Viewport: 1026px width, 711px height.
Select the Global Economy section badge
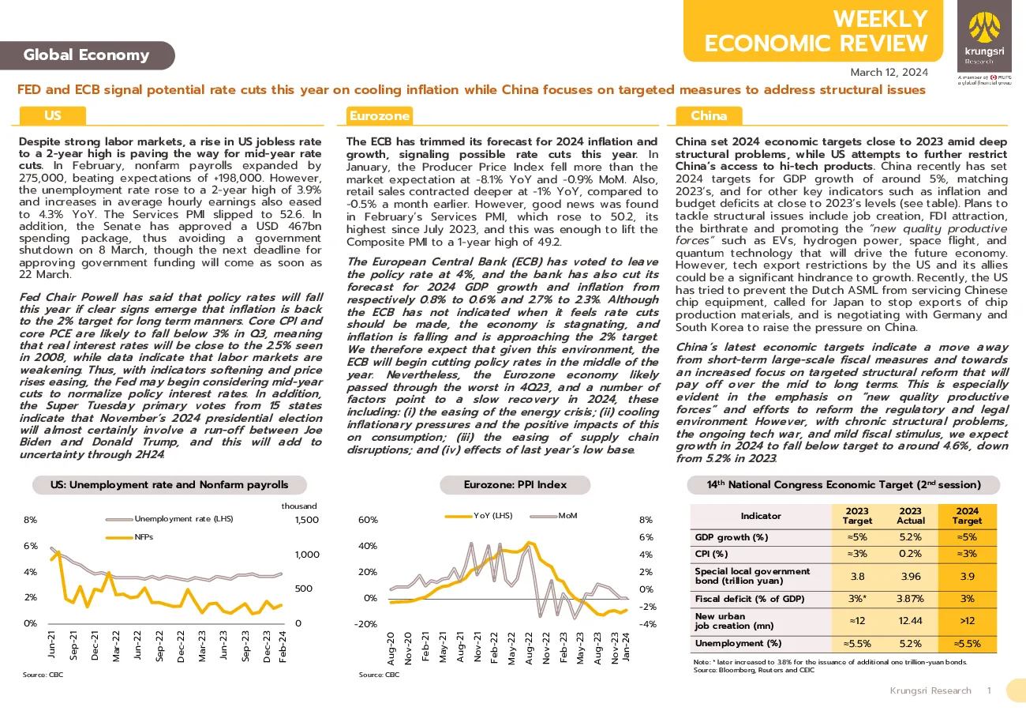pos(87,55)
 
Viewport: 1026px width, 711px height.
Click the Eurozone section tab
pos(380,115)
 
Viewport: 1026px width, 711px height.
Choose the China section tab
pos(709,115)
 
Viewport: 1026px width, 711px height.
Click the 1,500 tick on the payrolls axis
pos(307,520)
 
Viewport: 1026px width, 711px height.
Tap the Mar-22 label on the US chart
pos(116,646)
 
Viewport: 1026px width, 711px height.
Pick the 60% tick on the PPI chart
pos(368,520)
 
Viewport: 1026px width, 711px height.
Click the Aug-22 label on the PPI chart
pos(529,649)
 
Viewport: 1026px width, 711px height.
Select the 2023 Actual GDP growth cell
pos(910,537)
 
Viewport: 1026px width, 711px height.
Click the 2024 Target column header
pos(967,516)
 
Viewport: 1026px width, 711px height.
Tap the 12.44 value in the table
pos(910,621)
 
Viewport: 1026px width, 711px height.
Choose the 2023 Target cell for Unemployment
pos(857,644)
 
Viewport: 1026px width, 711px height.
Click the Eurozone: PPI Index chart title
pos(515,484)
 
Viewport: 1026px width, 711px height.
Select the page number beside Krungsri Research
pos(990,690)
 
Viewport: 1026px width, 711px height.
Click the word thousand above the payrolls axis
pos(298,506)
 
